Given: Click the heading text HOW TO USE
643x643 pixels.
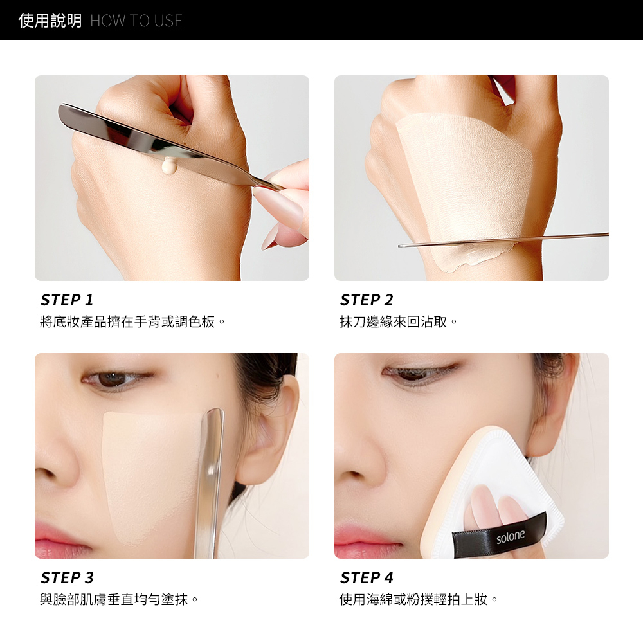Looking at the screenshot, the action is tap(136, 21).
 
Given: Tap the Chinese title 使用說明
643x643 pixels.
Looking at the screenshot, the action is tap(50, 21).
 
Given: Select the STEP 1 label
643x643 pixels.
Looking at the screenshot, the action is tap(67, 300).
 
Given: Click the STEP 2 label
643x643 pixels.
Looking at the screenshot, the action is tap(367, 300).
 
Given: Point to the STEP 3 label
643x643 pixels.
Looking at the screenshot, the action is tap(67, 577).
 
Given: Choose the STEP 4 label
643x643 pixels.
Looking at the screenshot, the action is tap(367, 577).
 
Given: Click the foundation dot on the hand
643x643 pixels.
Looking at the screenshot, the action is tap(169, 165).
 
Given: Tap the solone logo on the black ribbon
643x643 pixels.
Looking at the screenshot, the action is tap(510, 536).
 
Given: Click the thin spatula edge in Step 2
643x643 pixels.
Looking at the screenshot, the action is tap(503, 240).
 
